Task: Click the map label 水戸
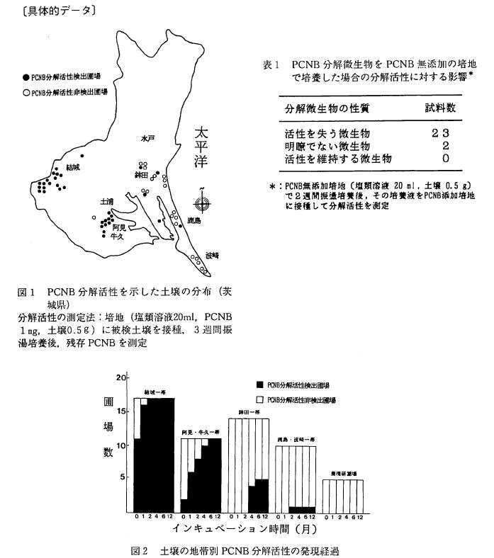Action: coord(147,139)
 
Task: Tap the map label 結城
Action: coord(73,167)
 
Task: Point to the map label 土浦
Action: coord(106,202)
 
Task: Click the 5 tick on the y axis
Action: coord(124,477)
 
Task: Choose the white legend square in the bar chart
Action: coord(260,401)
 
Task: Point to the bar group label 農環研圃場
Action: coord(343,473)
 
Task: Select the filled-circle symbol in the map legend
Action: coord(25,74)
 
